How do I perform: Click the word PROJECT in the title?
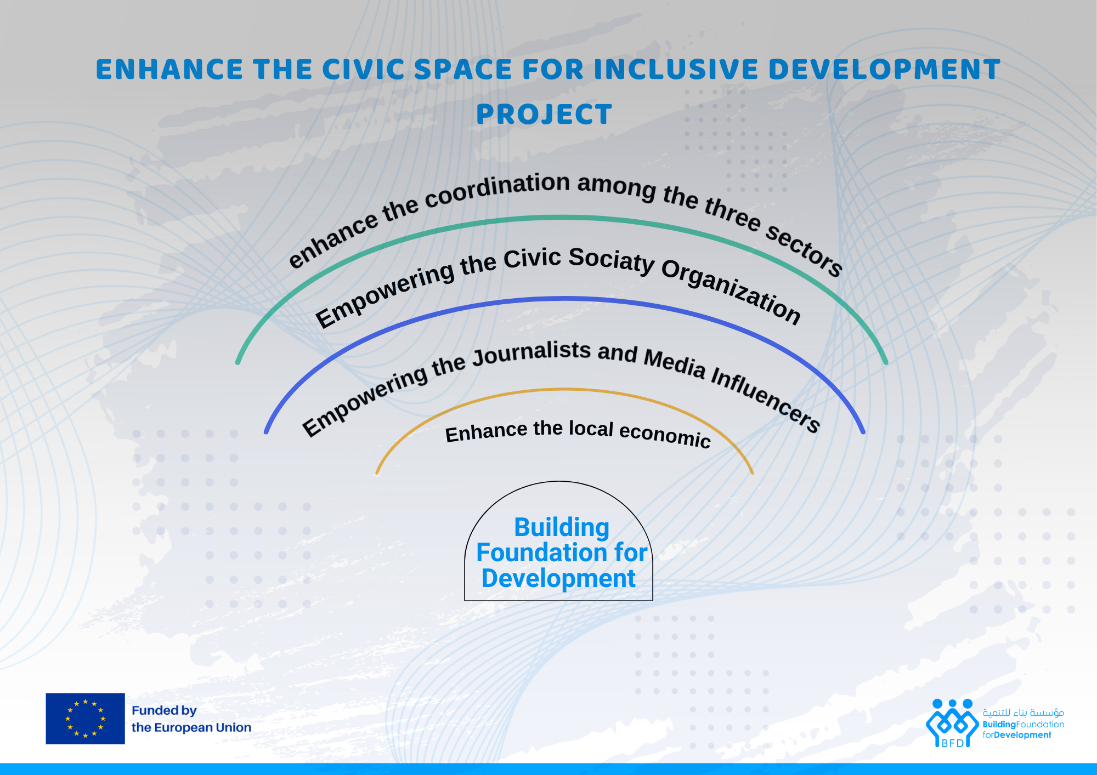click(544, 115)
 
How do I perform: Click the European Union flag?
click(85, 719)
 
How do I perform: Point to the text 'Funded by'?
click(164, 710)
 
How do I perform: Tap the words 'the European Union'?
click(191, 727)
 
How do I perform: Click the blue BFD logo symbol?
click(952, 723)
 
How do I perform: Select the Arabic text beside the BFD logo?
click(1024, 713)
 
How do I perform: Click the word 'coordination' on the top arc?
click(497, 189)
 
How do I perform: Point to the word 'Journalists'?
click(531, 353)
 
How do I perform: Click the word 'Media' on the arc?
click(675, 363)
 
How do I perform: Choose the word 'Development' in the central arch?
click(558, 579)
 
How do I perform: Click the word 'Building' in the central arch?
click(562, 528)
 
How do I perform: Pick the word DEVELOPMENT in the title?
click(884, 70)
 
